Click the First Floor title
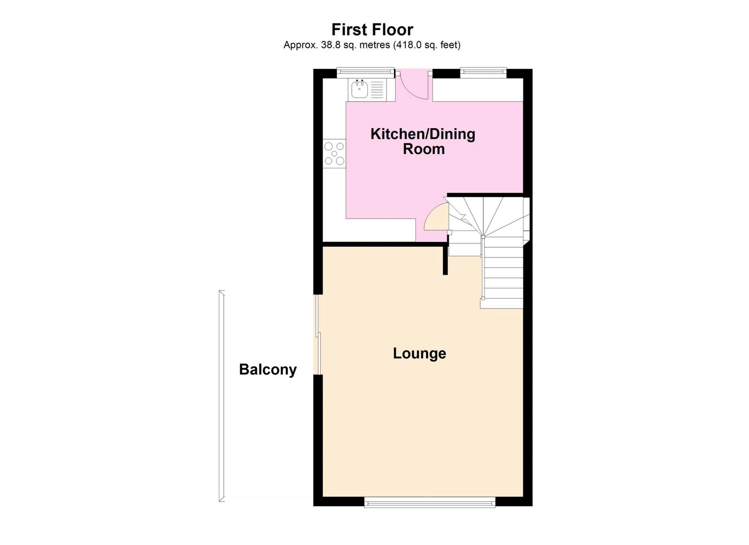(x=372, y=30)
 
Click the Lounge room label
(x=419, y=353)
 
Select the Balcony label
(x=268, y=370)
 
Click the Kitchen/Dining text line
(x=423, y=134)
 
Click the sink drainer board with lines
(x=377, y=90)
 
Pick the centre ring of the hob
(x=334, y=154)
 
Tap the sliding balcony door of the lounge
(x=317, y=335)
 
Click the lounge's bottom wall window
(x=429, y=502)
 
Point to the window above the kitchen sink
(x=365, y=73)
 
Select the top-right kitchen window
(x=483, y=73)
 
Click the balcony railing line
(x=222, y=396)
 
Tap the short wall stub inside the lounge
(x=445, y=260)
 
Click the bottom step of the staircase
(x=502, y=303)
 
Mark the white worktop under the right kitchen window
(x=478, y=90)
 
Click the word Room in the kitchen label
(x=424, y=149)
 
